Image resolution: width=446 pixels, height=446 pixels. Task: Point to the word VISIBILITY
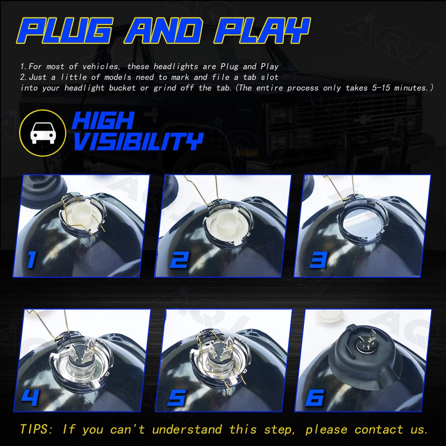click(x=138, y=141)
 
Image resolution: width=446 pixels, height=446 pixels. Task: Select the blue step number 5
click(x=177, y=397)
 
